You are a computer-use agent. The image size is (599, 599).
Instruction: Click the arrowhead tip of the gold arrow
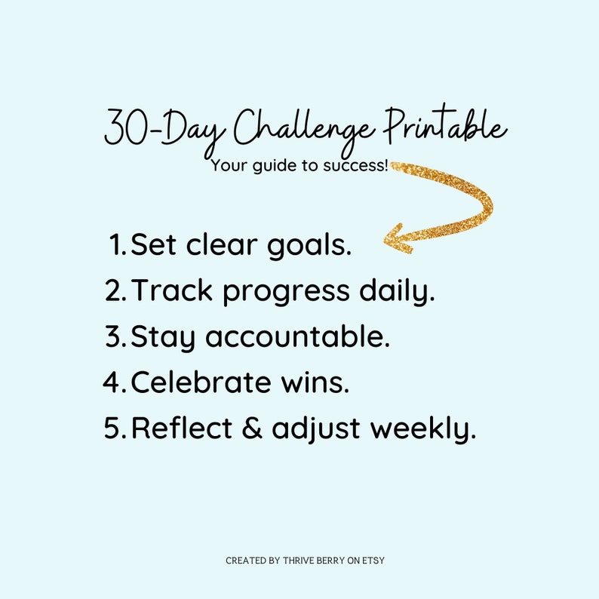pos(387,241)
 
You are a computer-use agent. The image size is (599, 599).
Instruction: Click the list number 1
pos(117,244)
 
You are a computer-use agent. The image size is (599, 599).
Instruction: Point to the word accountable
pos(298,337)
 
